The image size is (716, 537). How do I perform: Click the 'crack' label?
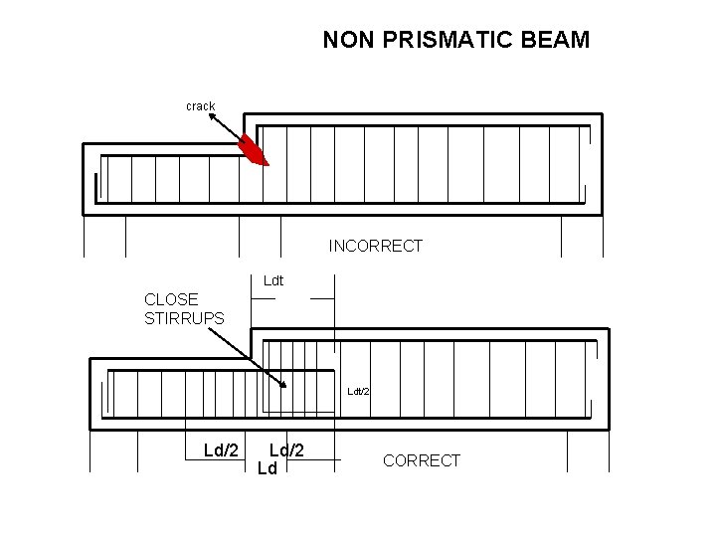click(x=200, y=105)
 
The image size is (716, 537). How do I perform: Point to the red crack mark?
click(x=256, y=151)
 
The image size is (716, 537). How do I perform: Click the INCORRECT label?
click(x=376, y=246)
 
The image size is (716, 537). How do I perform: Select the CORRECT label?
click(x=422, y=460)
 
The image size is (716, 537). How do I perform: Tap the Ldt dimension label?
click(x=273, y=280)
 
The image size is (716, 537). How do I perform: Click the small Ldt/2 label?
click(x=358, y=391)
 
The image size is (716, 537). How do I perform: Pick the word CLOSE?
click(x=171, y=298)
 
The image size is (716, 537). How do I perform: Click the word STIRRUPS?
click(x=184, y=318)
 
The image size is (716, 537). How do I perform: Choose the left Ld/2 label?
click(x=221, y=450)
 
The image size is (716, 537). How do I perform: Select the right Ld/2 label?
click(x=286, y=450)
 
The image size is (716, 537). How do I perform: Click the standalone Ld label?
click(x=267, y=467)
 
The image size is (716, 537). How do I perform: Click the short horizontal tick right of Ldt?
click(x=322, y=297)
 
